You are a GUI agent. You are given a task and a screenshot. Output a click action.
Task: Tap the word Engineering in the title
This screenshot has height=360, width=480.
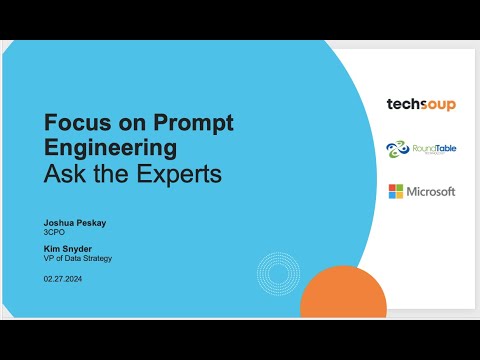(109, 149)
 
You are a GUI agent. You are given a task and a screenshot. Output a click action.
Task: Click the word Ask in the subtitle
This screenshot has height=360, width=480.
(62, 174)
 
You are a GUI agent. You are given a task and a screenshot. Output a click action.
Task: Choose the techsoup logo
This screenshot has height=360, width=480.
(420, 104)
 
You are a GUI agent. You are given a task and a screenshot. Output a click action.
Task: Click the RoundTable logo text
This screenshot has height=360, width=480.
(434, 149)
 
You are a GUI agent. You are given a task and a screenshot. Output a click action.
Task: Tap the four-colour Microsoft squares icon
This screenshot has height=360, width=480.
(396, 191)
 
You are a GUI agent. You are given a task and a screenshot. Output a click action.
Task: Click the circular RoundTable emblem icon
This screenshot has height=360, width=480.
(397, 149)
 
